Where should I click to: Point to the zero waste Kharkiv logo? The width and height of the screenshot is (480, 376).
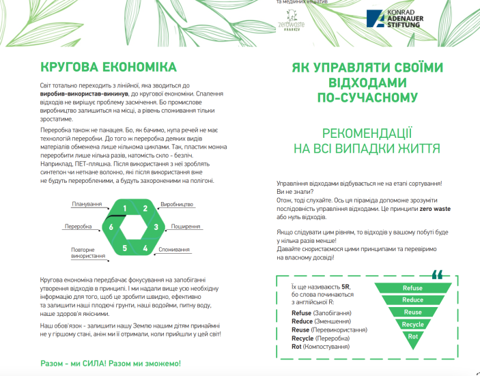click(x=294, y=25)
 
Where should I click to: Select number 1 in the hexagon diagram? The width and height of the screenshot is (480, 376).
click(x=125, y=208)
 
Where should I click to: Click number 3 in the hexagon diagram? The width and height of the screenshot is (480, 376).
click(x=156, y=227)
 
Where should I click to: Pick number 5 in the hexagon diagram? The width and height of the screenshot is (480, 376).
click(x=125, y=248)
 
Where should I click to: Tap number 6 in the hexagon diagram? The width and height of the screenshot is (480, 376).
click(x=111, y=227)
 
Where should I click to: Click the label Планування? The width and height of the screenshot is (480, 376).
click(x=87, y=204)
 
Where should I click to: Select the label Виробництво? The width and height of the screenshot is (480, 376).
click(x=177, y=204)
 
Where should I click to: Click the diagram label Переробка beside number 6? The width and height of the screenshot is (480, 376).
click(x=79, y=227)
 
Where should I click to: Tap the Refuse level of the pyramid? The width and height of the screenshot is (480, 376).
click(x=412, y=288)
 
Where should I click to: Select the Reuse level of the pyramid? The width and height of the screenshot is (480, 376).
click(x=412, y=312)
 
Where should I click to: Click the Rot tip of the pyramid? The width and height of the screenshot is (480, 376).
click(x=412, y=336)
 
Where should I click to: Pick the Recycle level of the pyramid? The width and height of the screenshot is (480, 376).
click(x=412, y=324)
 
